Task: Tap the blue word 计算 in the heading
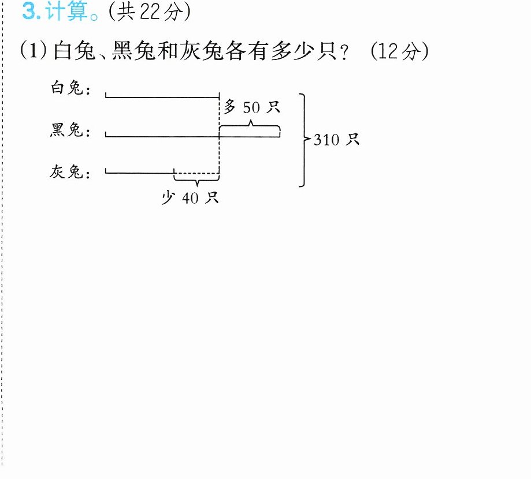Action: click(66, 11)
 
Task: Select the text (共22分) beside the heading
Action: click(150, 12)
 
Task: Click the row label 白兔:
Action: click(70, 88)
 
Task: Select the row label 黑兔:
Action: click(70, 130)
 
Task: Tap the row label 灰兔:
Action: click(70, 172)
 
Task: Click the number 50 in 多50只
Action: click(251, 107)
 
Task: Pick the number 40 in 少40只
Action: click(190, 198)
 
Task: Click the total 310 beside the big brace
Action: click(326, 140)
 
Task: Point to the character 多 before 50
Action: click(229, 107)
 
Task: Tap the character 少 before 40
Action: click(168, 197)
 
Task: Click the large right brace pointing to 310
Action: click(305, 140)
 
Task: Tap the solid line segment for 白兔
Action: click(162, 98)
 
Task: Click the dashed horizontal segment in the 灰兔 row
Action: click(196, 173)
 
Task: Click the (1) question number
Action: click(34, 51)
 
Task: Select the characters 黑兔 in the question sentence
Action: click(134, 51)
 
